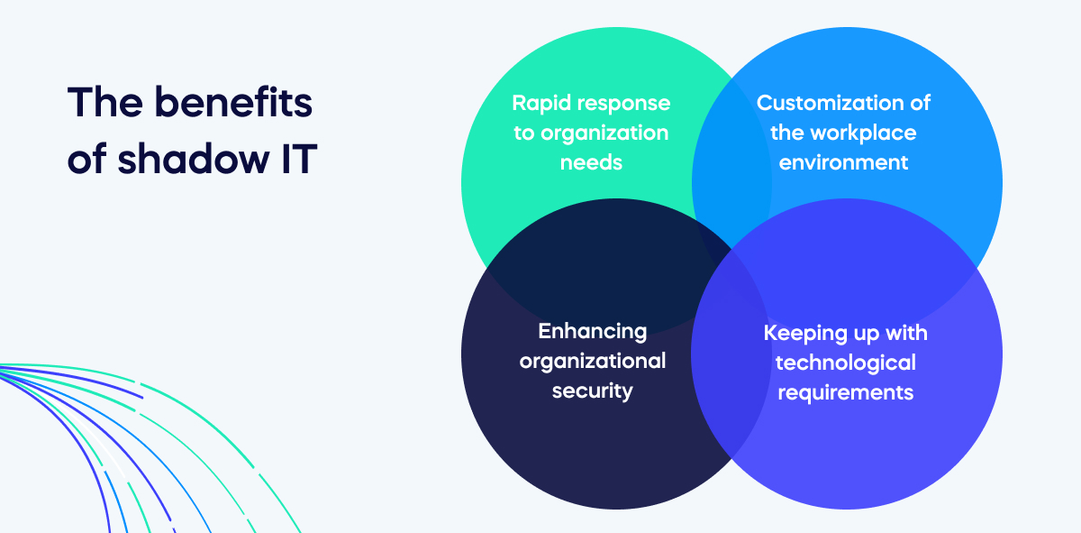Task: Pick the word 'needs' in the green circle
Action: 591,162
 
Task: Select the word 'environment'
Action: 844,162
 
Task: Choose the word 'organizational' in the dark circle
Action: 592,361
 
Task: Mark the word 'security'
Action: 592,391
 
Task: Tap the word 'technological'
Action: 845,363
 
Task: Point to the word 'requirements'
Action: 845,392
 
